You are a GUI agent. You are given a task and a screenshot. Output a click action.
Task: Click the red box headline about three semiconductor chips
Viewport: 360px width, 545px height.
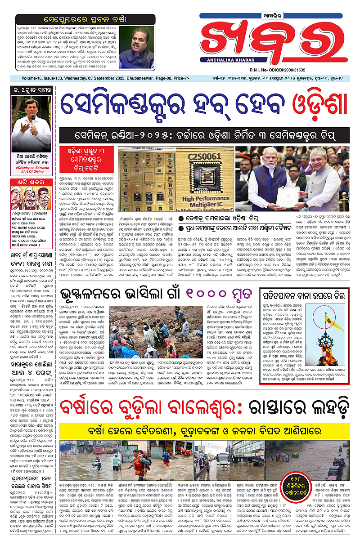point(85,156)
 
